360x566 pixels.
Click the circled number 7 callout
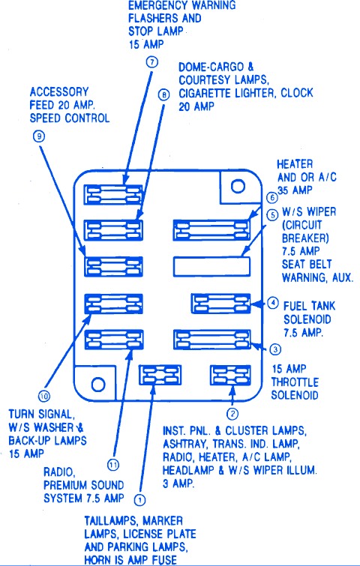pos(152,62)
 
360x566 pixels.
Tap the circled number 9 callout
pos(39,136)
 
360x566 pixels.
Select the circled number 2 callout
pos(232,414)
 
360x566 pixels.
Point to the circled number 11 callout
pos(113,465)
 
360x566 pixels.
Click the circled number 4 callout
pos(272,303)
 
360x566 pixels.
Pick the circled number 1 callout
pos(139,500)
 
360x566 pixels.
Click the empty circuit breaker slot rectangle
pos(212,266)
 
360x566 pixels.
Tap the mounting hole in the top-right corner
pos(238,186)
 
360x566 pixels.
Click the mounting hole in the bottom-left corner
pos(98,385)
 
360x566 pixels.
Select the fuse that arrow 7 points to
pos(113,195)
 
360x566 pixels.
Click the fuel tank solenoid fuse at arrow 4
pos(220,303)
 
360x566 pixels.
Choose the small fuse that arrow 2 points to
pos(230,375)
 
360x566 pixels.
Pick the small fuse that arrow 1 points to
pos(160,375)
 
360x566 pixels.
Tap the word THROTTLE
pos(295,382)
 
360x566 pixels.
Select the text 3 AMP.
pos(178,484)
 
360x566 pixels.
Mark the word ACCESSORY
pos(59,92)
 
